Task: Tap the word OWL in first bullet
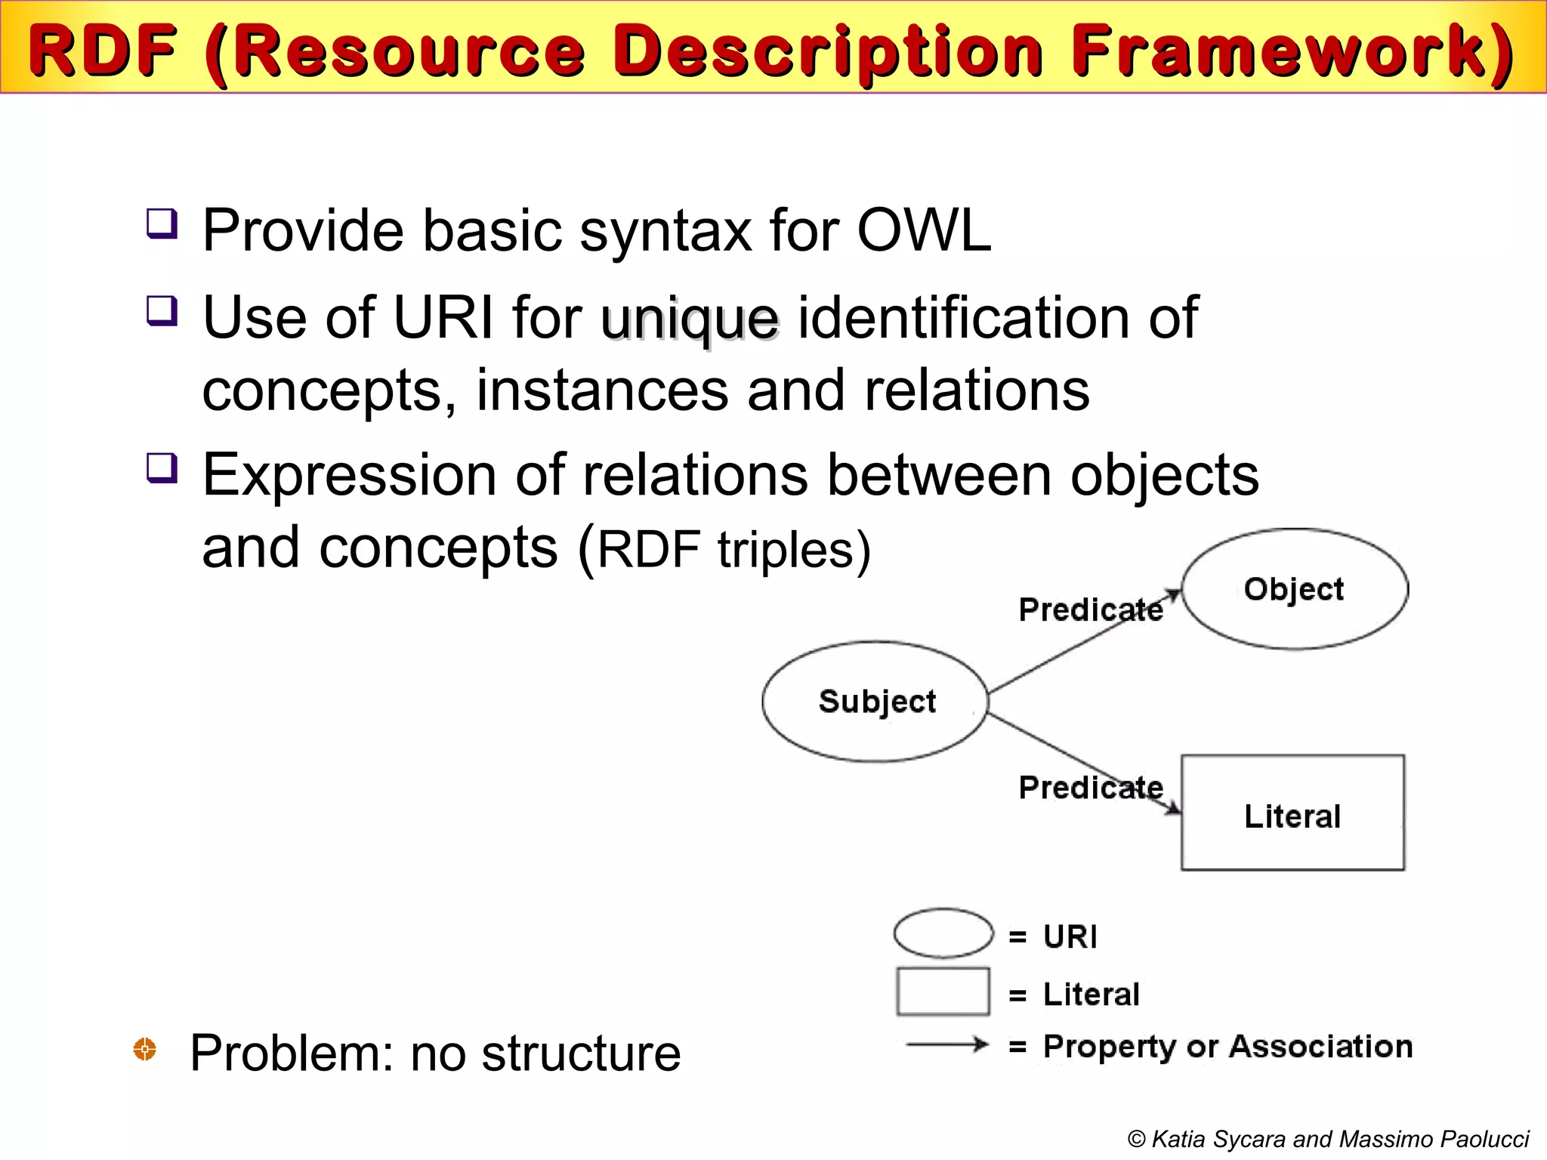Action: click(923, 230)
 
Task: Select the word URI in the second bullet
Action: click(443, 317)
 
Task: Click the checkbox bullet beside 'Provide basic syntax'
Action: click(162, 224)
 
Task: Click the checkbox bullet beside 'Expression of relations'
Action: click(162, 468)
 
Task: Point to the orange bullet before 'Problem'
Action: click(144, 1049)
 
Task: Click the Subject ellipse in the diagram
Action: click(875, 702)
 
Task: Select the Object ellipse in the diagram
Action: click(1294, 589)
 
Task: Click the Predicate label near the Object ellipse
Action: click(1090, 609)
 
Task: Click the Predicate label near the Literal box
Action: click(1090, 788)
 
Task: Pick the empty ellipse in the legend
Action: click(943, 933)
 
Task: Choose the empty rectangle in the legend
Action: click(943, 992)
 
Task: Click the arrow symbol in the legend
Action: click(947, 1045)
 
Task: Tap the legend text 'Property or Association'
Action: click(1227, 1047)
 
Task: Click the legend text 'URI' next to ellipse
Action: click(1070, 936)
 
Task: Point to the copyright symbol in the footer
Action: click(1136, 1139)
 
